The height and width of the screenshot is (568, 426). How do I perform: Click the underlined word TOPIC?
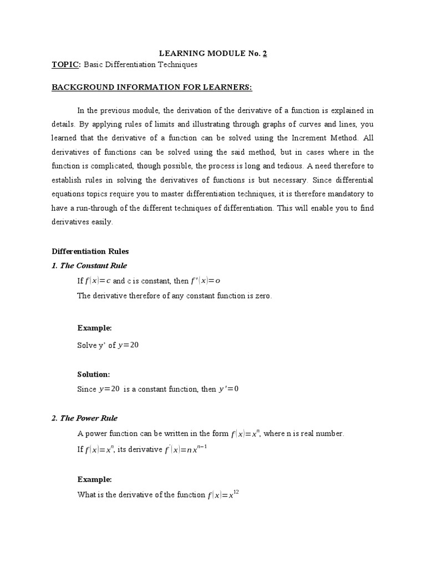pyautogui.click(x=65, y=65)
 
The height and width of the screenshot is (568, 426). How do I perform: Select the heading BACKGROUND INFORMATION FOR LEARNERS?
pyautogui.click(x=151, y=88)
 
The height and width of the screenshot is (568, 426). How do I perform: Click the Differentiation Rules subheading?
pyautogui.click(x=90, y=251)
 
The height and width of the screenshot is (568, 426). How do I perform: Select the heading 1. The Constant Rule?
pyautogui.click(x=89, y=266)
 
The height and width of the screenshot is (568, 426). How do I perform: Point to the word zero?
pyautogui.click(x=262, y=296)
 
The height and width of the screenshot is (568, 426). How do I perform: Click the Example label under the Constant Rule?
pyautogui.click(x=94, y=328)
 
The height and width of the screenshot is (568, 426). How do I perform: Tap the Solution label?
pyautogui.click(x=94, y=374)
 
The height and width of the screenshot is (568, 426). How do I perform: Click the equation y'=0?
pyautogui.click(x=227, y=389)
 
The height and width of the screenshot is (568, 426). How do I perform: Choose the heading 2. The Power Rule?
pyautogui.click(x=84, y=418)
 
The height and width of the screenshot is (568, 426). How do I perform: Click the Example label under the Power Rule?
pyautogui.click(x=94, y=479)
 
